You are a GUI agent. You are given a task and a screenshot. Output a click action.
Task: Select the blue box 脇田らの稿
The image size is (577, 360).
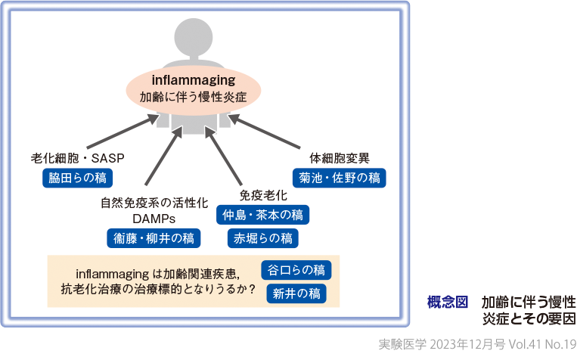click(77, 178)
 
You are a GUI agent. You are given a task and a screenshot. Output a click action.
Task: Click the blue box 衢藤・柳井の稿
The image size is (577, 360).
click(153, 238)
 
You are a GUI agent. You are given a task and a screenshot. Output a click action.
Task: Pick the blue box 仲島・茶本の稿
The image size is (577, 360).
click(262, 215)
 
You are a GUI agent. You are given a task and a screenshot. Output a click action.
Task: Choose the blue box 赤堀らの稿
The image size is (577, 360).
click(262, 238)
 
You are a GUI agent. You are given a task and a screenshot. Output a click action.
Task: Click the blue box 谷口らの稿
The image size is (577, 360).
click(296, 270)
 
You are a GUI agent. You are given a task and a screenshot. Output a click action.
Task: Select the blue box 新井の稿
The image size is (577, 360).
click(296, 293)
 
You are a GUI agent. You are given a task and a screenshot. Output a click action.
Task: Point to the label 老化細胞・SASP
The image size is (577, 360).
click(77, 158)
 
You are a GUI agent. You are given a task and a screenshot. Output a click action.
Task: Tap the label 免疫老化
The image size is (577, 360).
click(262, 196)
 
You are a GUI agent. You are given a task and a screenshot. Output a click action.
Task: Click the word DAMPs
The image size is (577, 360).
click(154, 219)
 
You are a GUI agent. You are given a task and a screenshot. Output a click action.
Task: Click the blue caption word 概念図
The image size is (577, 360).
click(448, 302)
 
